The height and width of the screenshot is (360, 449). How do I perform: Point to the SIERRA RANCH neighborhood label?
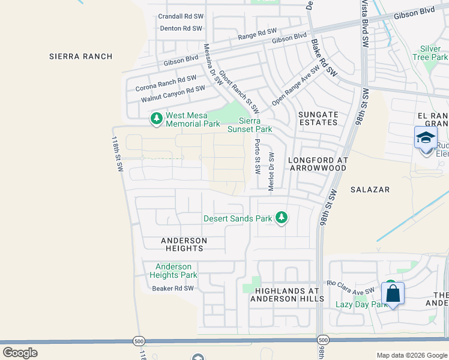[x=81, y=56]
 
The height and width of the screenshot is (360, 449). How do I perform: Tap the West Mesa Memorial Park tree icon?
[x=157, y=118]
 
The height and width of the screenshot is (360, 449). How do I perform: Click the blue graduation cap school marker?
[x=426, y=137]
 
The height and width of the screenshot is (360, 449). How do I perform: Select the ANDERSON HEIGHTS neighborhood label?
[x=184, y=244]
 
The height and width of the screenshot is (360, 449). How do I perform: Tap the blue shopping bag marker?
[x=393, y=294]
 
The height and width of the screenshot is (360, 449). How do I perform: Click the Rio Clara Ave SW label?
[x=351, y=287]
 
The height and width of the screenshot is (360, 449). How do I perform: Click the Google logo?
[x=20, y=352]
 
